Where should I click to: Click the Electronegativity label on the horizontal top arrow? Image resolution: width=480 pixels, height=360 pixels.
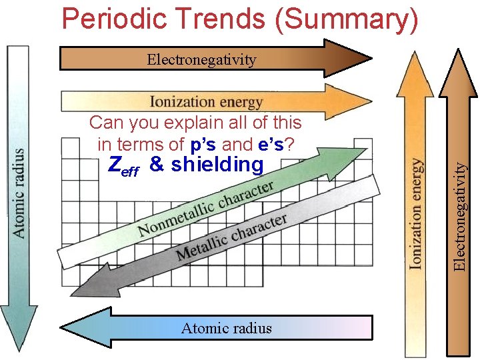point(201,60)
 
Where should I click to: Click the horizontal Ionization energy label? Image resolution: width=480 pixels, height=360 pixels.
point(206,102)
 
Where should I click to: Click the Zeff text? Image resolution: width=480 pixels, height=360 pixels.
point(123,166)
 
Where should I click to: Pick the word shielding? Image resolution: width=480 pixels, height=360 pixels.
point(217,165)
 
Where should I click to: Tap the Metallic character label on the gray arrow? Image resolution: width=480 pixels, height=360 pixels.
point(231,237)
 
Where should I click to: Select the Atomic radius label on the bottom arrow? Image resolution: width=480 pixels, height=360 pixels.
point(227,327)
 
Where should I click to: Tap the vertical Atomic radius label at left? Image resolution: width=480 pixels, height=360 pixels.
point(20,193)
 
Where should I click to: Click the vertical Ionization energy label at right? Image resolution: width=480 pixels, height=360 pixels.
point(417,213)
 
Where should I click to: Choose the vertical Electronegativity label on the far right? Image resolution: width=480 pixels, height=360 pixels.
point(459,217)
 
